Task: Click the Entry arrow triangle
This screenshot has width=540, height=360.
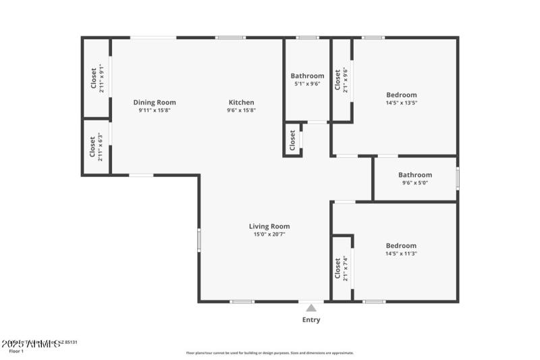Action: [310, 308]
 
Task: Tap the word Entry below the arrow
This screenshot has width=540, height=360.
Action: [311, 320]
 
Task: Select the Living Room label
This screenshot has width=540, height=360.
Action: [269, 226]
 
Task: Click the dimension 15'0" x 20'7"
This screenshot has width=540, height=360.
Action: [269, 235]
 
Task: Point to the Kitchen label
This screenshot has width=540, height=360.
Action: [241, 103]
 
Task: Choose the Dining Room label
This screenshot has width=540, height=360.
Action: [155, 103]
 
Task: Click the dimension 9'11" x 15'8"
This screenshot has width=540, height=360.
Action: [155, 110]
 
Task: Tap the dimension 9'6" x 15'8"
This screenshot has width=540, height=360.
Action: [241, 110]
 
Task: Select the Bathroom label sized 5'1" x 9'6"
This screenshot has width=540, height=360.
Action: [307, 76]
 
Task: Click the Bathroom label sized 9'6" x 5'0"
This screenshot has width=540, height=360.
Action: [415, 175]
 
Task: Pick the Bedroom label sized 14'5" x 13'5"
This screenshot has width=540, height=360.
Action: [402, 95]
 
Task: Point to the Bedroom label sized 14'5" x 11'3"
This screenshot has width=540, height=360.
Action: [402, 246]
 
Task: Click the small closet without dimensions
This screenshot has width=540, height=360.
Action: [292, 140]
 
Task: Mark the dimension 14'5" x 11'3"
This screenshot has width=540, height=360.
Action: [402, 254]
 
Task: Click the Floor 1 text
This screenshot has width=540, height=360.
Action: [16, 351]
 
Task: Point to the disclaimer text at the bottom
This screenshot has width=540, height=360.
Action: [269, 353]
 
